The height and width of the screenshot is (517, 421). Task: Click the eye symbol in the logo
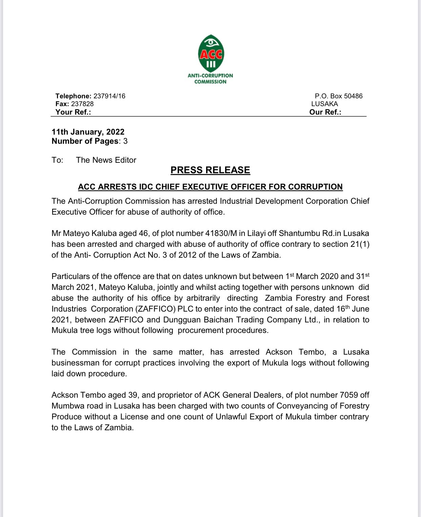point(211,42)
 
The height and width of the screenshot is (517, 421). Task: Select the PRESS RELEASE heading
point(210,170)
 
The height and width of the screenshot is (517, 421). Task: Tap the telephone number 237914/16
point(109,96)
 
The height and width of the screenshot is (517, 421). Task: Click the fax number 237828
point(82,104)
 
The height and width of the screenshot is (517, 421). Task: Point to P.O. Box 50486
point(338,96)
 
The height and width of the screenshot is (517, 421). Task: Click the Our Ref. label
point(325,112)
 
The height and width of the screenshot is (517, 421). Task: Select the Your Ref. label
point(73,112)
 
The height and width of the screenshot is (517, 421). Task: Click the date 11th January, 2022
point(88,132)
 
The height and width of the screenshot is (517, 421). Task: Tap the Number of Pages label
point(85,141)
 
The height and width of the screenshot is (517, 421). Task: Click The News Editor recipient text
point(106,160)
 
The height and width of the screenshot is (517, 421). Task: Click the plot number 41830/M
point(221,234)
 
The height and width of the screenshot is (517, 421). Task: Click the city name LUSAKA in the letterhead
point(324,104)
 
